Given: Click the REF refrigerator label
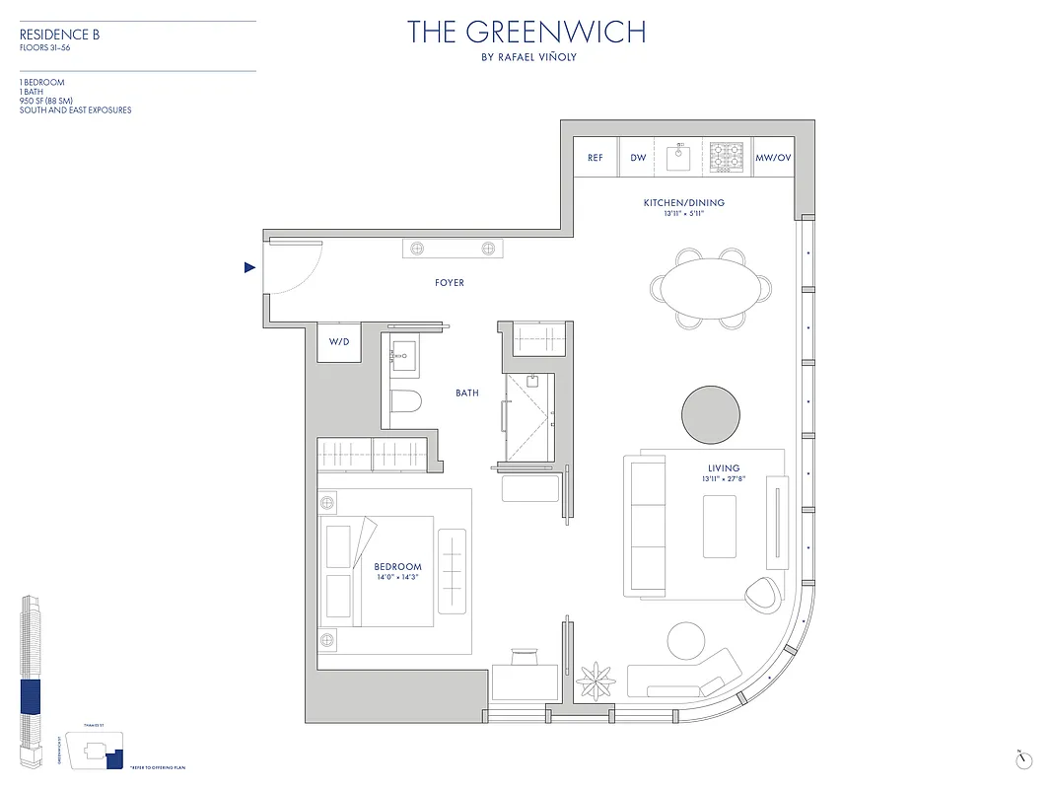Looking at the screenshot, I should pos(596,158).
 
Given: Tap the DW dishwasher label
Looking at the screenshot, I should pos(638,158).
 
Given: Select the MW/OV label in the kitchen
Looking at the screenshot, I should pos(772,158).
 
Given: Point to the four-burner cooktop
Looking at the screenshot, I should pos(727,156).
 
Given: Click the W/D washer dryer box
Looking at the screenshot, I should pos(339,342).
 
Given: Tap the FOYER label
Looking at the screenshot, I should pos(450,283).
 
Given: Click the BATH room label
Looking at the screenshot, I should pos(467,393).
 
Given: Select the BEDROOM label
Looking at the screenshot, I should pos(398,567).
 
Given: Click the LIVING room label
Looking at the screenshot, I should pos(724,468).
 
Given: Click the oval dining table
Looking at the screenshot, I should pos(710,287).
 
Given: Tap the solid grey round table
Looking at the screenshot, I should pos(711,414).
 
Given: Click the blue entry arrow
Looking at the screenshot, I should pos(250,267).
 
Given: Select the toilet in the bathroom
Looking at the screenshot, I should pos(405,399).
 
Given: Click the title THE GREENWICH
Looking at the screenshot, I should pos(527,32).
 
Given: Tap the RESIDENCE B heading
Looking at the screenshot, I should pos(60,35).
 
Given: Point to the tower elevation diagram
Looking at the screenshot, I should pos(32,681).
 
